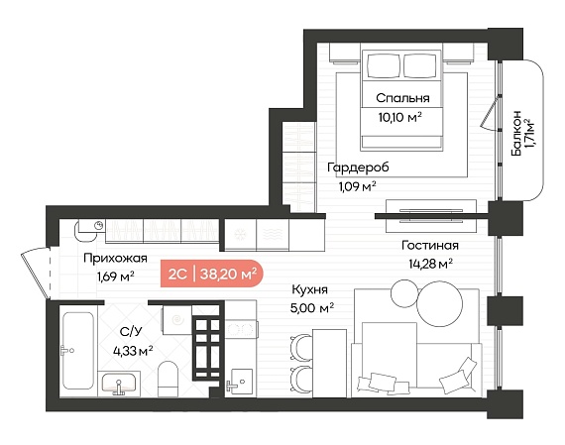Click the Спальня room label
click(x=402, y=98)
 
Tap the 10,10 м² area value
click(x=400, y=117)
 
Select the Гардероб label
click(x=358, y=167)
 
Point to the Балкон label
click(x=516, y=133)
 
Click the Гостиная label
click(x=430, y=246)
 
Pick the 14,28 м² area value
click(x=430, y=264)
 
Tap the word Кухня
click(x=310, y=289)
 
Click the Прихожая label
click(x=115, y=259)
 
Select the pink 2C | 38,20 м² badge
click(x=212, y=274)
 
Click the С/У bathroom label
click(x=131, y=332)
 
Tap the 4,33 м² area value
click(x=133, y=351)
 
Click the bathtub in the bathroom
click(x=78, y=351)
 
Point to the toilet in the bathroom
click(x=168, y=379)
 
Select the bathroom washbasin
click(x=119, y=384)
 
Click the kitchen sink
click(x=241, y=381)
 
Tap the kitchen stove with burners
click(x=241, y=329)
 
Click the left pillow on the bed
click(x=384, y=66)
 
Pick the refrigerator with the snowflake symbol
click(x=240, y=235)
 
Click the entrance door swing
click(x=36, y=273)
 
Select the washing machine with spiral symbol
click(x=176, y=320)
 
